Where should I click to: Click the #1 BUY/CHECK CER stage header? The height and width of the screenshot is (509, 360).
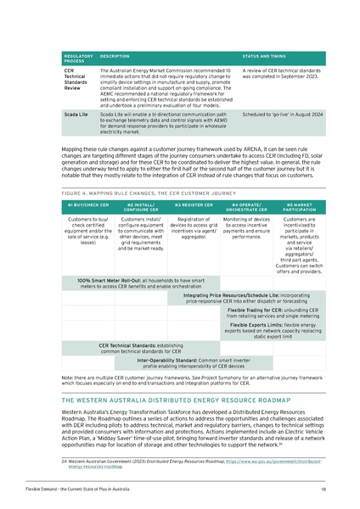tap(87, 205)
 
